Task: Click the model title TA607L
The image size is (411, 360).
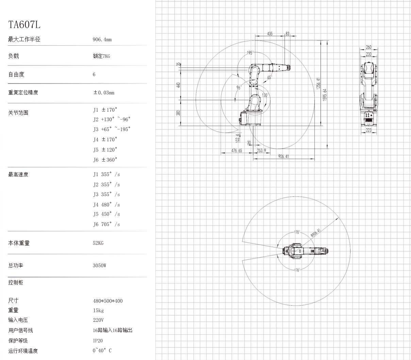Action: coord(24,25)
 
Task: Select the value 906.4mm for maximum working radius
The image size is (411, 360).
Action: coord(102,40)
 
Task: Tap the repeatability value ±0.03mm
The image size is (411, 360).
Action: coord(104,93)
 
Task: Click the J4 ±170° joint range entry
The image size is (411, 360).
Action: coord(105,140)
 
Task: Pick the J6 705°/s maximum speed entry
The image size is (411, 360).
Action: coord(106,224)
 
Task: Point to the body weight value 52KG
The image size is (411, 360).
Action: coord(98,243)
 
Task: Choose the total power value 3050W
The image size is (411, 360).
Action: coord(99,266)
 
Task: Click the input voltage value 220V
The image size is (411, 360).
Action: coord(98,320)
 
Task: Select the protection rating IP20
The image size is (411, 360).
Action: coord(98,341)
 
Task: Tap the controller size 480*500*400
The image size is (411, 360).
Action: coord(108,301)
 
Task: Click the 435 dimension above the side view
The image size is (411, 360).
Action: coord(270,34)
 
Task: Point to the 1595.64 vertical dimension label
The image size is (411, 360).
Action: coord(325,95)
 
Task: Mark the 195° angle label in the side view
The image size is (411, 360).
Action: coord(250,53)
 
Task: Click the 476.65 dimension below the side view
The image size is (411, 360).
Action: coord(237,151)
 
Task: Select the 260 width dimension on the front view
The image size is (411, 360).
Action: coord(368,47)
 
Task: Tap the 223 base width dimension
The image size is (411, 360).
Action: coord(368,130)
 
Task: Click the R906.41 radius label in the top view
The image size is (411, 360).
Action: coord(315,233)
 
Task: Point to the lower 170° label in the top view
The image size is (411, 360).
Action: coord(297,270)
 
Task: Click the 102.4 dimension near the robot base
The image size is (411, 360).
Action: coord(237,138)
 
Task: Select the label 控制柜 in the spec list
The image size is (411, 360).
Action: coord(16,283)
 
